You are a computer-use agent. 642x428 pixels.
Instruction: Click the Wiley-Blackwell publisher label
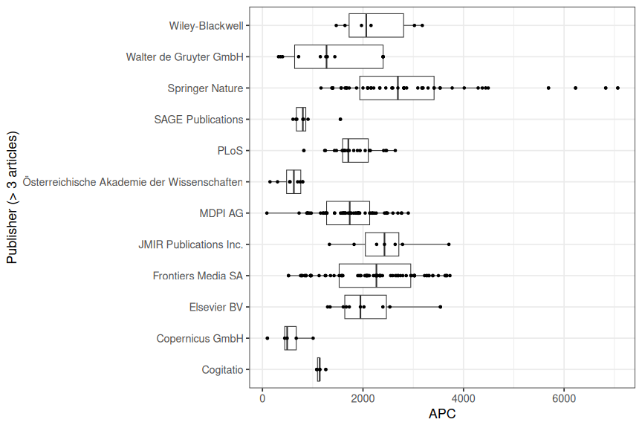(x=206, y=25)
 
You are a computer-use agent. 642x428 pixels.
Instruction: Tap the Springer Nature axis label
(x=205, y=88)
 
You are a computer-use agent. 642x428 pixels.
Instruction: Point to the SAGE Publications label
(x=198, y=119)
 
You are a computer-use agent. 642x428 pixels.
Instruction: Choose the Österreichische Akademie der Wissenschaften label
(x=133, y=181)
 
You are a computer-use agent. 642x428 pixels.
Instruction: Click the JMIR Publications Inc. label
(x=190, y=244)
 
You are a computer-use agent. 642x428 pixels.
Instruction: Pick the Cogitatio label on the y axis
(x=222, y=369)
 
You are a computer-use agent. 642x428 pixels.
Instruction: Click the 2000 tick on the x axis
(x=363, y=398)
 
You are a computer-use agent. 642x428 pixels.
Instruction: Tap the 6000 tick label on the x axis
(x=564, y=398)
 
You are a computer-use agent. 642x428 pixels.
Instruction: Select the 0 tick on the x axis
(x=262, y=398)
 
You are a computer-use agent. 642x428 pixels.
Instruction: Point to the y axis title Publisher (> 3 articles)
(x=12, y=198)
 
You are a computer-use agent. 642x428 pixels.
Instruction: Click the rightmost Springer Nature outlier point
(x=617, y=88)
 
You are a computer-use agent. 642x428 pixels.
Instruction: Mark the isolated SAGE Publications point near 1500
(x=340, y=119)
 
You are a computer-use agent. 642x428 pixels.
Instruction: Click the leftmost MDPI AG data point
(x=267, y=213)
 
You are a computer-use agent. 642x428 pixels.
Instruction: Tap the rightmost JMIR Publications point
(x=449, y=244)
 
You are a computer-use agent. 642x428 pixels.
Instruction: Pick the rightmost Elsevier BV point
(x=440, y=307)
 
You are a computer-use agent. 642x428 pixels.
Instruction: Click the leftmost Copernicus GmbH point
(x=267, y=338)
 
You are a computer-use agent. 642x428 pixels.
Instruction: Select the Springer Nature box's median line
(x=398, y=88)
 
